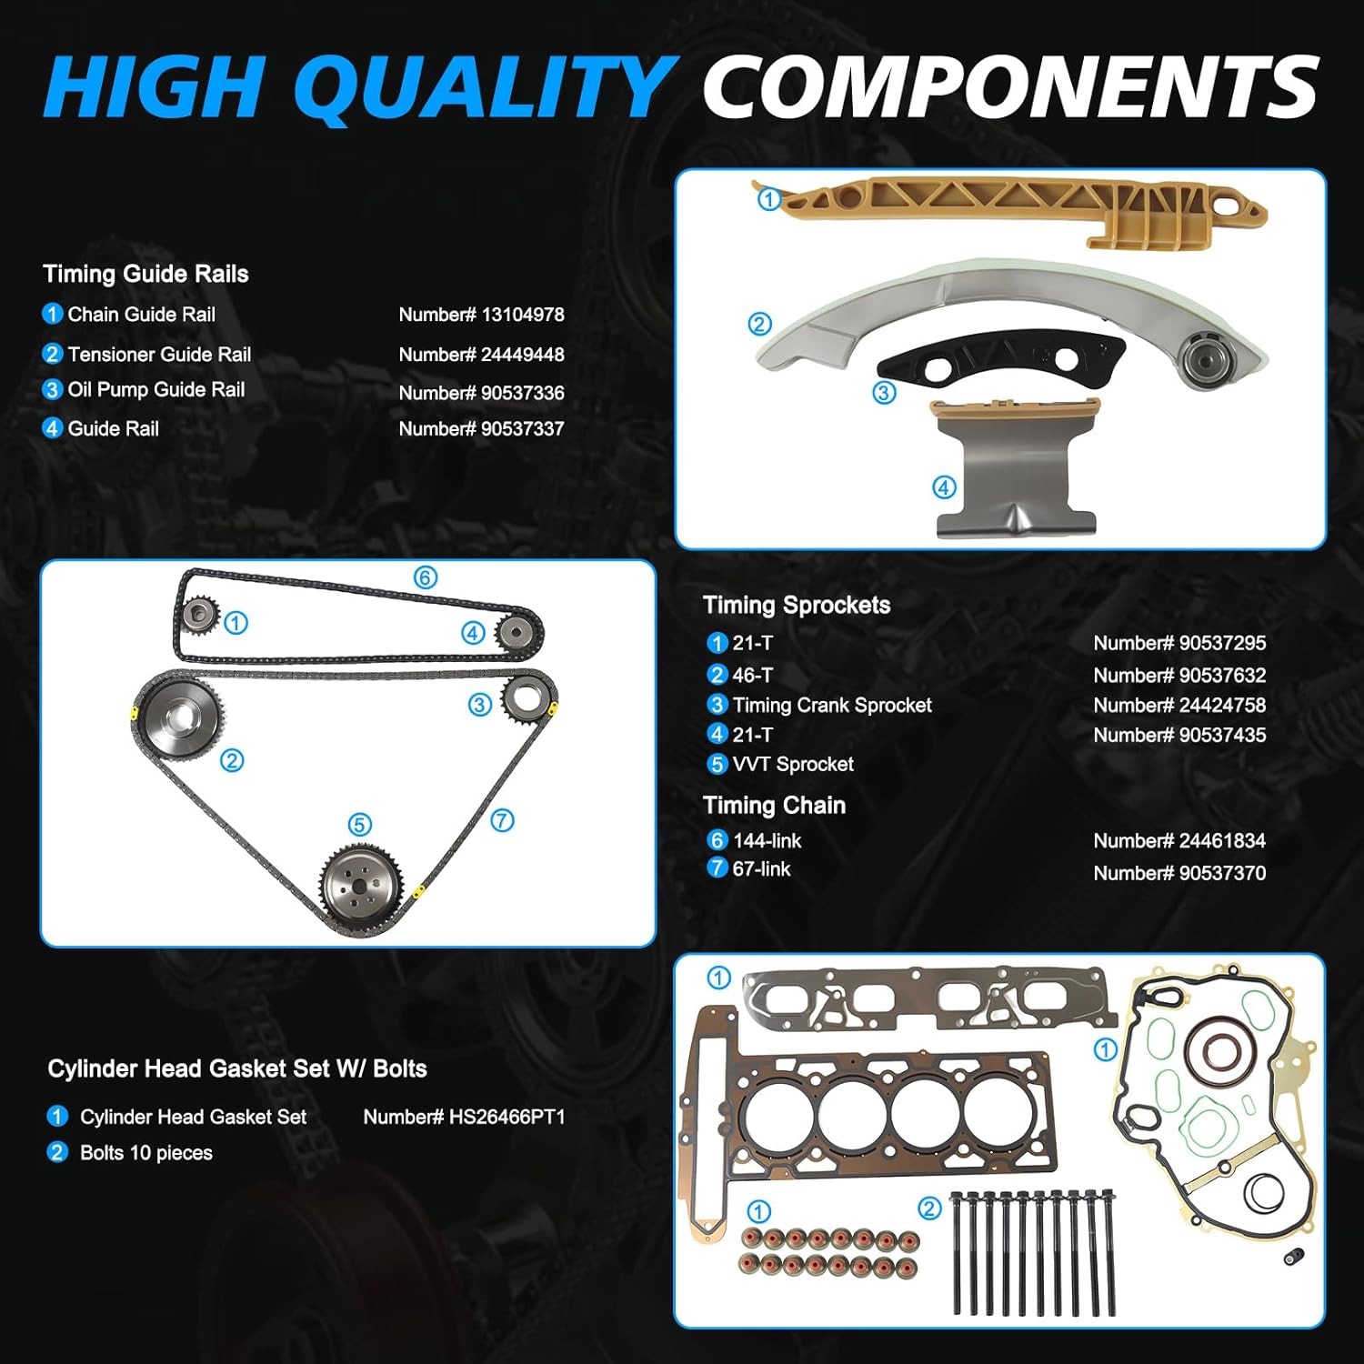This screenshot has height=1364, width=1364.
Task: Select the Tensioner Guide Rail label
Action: pyautogui.click(x=158, y=355)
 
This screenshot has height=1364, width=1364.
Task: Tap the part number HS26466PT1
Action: pyautogui.click(x=464, y=1117)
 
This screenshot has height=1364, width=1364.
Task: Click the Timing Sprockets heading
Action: pyautogui.click(x=797, y=606)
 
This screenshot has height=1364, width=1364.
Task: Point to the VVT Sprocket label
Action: pyautogui.click(x=792, y=765)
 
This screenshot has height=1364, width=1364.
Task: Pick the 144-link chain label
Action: pyautogui.click(x=767, y=841)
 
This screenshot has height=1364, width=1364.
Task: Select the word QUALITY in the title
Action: pyautogui.click(x=483, y=86)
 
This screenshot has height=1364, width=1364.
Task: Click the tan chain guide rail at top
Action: pyautogui.click(x=1018, y=206)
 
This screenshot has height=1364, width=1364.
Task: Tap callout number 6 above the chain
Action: pyautogui.click(x=426, y=577)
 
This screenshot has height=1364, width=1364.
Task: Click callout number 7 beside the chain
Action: pyautogui.click(x=502, y=821)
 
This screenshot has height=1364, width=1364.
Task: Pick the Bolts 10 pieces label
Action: pyautogui.click(x=145, y=1153)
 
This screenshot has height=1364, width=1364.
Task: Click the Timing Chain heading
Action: pyautogui.click(x=774, y=806)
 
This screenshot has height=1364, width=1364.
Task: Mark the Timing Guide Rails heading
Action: pyautogui.click(x=145, y=275)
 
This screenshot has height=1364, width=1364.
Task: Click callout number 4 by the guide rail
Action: pyautogui.click(x=944, y=488)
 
